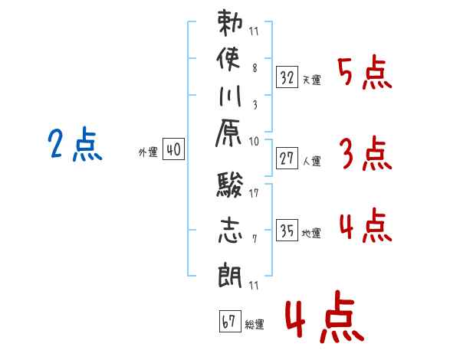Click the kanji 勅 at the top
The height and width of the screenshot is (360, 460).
click(x=230, y=25)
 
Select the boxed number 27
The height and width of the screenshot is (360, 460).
click(x=287, y=159)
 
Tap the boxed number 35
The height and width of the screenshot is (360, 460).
click(x=287, y=231)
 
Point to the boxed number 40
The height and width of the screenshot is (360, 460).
click(x=173, y=150)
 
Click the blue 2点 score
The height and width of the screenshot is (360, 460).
click(x=75, y=146)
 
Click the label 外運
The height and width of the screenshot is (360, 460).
click(x=148, y=152)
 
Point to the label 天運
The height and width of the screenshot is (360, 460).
click(x=312, y=80)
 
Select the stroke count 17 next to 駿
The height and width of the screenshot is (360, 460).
click(x=254, y=192)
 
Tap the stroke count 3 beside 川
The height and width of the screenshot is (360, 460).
click(x=254, y=105)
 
